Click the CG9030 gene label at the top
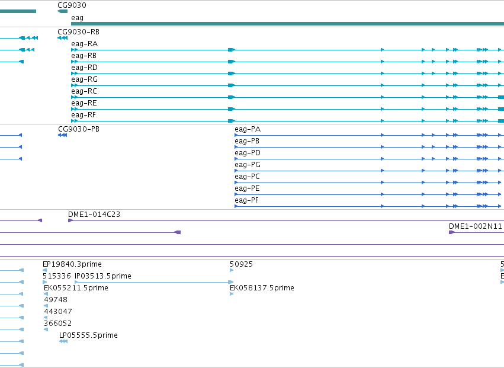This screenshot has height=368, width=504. [72, 5]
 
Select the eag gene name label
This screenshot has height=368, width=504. [77, 18]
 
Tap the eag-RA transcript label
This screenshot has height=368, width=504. [84, 44]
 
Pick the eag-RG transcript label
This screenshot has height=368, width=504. [84, 79]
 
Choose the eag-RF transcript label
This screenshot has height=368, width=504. [84, 115]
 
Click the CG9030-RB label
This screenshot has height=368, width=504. [78, 32]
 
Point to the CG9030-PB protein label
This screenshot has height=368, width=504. [79, 129]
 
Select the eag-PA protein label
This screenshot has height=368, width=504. [248, 129]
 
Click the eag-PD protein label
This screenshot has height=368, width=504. [248, 153]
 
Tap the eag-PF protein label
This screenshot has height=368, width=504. [246, 200]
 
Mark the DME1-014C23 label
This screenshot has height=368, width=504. [94, 215]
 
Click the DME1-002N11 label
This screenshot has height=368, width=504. [476, 226]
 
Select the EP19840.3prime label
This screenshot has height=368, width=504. [72, 264]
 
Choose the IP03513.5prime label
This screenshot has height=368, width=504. [103, 276]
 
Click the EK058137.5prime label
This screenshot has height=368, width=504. [262, 288]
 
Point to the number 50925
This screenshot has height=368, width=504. [242, 264]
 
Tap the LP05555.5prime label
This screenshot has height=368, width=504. [88, 335]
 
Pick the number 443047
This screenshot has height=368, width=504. [58, 311]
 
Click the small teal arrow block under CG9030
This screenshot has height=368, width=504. [62, 11]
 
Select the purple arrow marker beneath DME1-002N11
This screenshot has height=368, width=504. [452, 232]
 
